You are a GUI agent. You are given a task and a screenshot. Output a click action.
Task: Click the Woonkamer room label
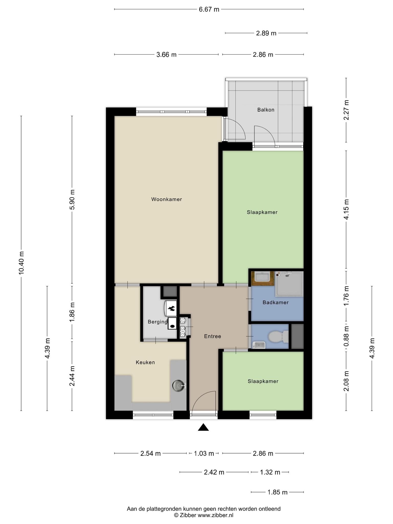[x=167, y=199]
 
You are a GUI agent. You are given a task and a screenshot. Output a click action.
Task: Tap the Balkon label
[x=266, y=110]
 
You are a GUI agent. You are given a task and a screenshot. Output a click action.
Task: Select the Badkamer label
[x=276, y=302]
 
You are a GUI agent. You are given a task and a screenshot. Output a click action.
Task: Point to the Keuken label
[x=145, y=362]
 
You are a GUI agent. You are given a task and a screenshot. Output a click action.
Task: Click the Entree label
[x=213, y=336]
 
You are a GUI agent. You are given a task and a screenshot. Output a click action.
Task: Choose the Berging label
[x=158, y=322]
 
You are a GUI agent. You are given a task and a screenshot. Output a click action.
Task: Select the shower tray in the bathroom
[x=289, y=284]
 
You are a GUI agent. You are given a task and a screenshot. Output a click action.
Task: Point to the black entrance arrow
[x=203, y=427]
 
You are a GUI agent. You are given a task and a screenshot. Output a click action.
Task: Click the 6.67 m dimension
[x=209, y=9]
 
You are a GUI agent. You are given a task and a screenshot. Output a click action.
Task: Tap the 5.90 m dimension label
[x=72, y=200]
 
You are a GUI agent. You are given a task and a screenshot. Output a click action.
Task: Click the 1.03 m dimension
[x=204, y=454]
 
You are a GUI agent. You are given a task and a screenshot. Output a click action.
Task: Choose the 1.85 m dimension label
[x=278, y=492]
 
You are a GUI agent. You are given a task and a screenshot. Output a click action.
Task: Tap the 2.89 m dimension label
[x=266, y=33]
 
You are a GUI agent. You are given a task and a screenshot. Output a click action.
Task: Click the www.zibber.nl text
[x=215, y=515]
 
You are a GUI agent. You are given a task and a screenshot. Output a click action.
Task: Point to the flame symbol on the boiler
[x=171, y=309]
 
